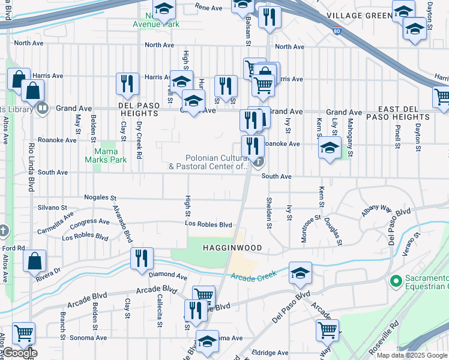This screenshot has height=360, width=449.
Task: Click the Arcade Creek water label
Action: pos(253,275)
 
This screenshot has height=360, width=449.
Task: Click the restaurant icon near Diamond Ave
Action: pos(142,259)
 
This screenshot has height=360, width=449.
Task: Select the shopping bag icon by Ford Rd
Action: pos(34,261)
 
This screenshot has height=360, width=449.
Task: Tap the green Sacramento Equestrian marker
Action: pos(396,281)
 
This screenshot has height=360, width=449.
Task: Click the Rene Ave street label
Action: pos(209,7)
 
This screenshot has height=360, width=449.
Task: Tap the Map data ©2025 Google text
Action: pos(412,355)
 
